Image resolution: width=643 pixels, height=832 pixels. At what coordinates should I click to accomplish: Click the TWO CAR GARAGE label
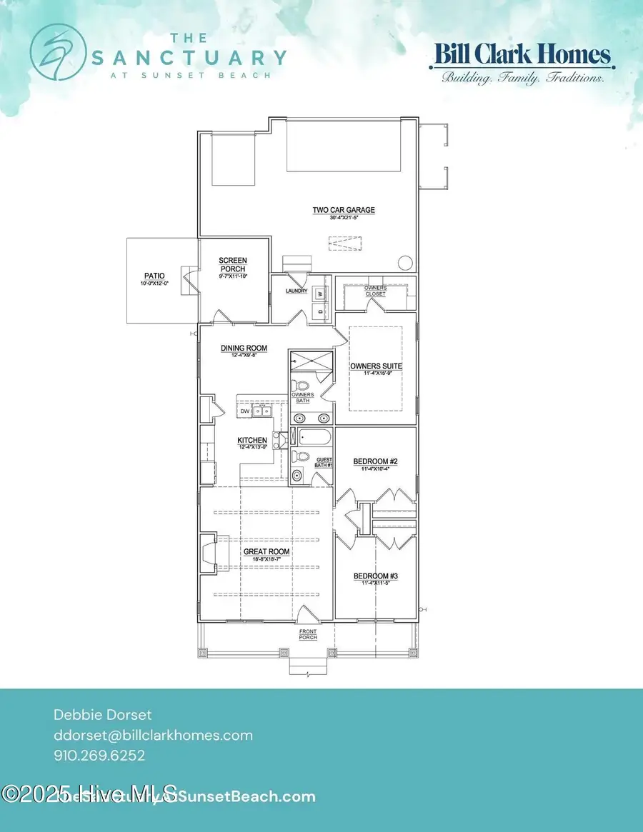click(343, 210)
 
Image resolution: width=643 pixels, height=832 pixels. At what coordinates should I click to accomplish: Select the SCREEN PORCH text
click(232, 264)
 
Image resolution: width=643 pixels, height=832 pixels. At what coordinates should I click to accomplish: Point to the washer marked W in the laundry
click(320, 294)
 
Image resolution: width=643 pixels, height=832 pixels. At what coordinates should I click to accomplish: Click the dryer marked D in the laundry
click(320, 311)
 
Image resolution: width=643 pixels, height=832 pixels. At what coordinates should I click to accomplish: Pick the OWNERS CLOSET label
click(375, 291)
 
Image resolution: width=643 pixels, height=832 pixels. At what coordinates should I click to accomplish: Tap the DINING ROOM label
click(244, 349)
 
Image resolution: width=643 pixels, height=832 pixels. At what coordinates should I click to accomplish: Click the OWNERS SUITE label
click(376, 366)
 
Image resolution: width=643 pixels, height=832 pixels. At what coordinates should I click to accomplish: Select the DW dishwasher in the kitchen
click(245, 411)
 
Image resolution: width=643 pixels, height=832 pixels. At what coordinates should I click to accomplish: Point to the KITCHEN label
click(252, 441)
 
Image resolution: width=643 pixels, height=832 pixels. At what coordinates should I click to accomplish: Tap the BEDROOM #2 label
click(375, 462)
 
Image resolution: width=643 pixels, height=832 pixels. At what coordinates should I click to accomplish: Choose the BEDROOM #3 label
click(375, 576)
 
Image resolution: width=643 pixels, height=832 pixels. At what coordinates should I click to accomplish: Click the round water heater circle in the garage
click(405, 262)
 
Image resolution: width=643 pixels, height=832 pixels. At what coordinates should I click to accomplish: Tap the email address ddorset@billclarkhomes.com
click(153, 735)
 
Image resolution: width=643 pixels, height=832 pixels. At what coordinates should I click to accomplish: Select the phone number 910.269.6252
click(100, 755)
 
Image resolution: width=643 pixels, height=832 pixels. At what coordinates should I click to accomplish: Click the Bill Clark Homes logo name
click(521, 55)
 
